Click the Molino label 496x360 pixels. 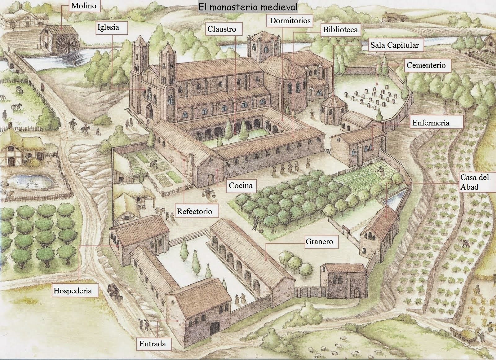point(84,6)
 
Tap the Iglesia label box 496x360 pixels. point(112,28)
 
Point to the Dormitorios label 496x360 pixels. point(290,20)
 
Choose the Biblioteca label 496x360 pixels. point(340,30)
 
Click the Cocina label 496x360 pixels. point(241,185)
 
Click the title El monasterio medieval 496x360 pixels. point(248,7)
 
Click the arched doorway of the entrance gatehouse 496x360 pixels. point(215,329)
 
